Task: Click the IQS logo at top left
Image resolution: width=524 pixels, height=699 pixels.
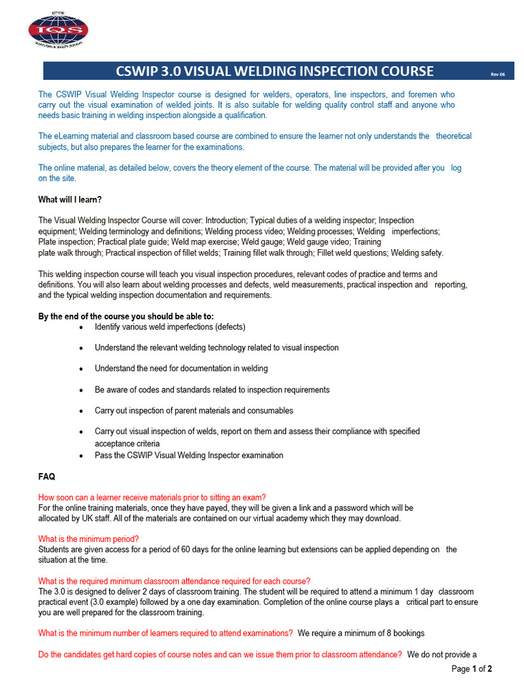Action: coord(58,30)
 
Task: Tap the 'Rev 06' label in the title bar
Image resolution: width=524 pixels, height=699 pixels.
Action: coord(497,74)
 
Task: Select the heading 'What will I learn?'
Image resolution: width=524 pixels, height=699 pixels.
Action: coord(70,199)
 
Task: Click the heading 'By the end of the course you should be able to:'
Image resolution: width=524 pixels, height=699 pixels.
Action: coord(126,316)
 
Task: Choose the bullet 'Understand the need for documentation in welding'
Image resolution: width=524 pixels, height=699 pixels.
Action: coord(181,369)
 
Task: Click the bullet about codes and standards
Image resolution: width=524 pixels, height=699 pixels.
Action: coord(212,390)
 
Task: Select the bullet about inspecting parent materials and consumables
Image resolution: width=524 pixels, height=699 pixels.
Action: coord(194,411)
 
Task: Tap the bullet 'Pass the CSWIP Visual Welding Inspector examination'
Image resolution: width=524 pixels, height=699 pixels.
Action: coord(188,455)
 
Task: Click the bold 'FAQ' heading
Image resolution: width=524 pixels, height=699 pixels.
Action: coord(47,476)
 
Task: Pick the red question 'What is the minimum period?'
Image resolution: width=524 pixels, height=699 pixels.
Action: coord(89,539)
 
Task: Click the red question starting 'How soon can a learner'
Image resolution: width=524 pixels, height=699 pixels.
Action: coord(152,497)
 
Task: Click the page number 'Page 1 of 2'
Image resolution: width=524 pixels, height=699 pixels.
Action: coord(471,669)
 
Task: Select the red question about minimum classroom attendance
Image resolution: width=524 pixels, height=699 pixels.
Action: coord(174,581)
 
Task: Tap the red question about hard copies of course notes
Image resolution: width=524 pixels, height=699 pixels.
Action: coord(220,655)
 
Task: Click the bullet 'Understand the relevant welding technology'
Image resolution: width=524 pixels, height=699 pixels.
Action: coord(216,347)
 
